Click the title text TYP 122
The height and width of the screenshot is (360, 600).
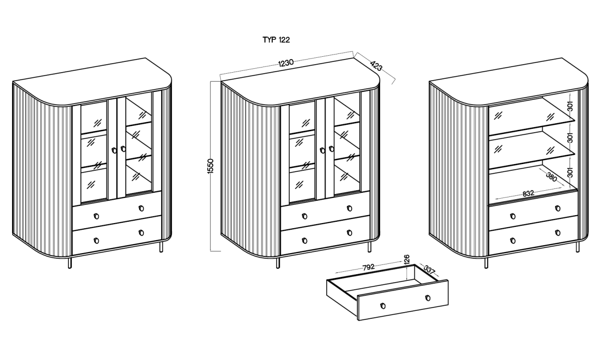click(276, 40)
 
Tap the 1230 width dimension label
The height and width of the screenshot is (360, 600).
click(286, 63)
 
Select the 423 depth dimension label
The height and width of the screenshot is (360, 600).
click(376, 66)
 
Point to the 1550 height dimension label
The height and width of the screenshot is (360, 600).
click(210, 166)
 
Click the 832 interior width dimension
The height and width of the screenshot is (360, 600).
click(528, 194)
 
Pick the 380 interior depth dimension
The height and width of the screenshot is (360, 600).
click(552, 177)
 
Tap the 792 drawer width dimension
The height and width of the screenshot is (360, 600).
click(368, 267)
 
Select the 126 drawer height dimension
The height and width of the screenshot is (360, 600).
click(406, 260)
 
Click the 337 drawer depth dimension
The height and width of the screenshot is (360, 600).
click(429, 270)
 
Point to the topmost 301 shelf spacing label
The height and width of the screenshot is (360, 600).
click(570, 106)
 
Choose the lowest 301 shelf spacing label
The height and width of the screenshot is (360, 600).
click(570, 172)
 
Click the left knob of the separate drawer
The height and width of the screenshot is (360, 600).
click(383, 306)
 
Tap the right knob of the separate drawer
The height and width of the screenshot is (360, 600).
click(428, 298)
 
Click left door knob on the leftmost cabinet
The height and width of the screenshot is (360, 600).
click(114, 150)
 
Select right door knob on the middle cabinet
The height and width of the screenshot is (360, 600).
click(331, 149)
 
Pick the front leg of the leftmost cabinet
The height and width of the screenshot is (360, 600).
click(70, 263)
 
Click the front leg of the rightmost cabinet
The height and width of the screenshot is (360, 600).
click(486, 263)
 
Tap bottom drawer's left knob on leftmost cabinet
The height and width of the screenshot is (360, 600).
click(97, 240)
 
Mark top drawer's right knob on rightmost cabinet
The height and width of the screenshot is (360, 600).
click(558, 208)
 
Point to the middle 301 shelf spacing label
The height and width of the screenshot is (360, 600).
click(570, 138)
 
